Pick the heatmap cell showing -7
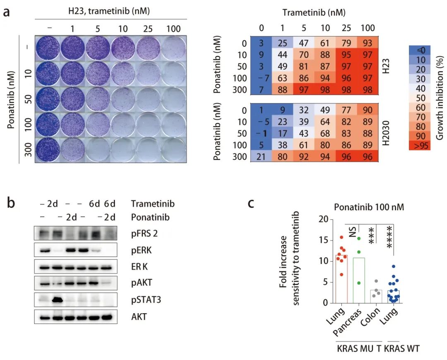tap(260, 78)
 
